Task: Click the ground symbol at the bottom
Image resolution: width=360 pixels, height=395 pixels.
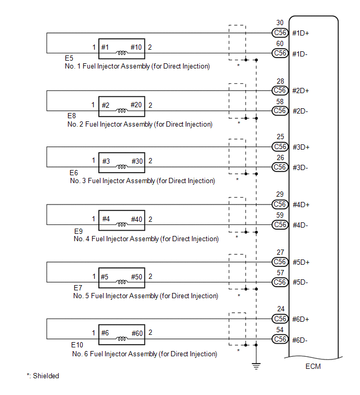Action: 256,366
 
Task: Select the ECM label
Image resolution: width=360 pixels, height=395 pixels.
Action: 313,366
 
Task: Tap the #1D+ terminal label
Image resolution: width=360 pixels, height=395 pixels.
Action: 300,33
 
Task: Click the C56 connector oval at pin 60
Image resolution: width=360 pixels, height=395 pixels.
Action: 280,53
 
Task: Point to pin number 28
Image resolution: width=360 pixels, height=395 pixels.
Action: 280,82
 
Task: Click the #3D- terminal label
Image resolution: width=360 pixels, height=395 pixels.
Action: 300,167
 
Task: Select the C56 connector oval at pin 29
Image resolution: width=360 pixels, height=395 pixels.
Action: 280,205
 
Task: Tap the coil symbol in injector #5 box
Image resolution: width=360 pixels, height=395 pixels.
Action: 122,282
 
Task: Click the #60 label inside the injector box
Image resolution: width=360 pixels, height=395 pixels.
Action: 137,334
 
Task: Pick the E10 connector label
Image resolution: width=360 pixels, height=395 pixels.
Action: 77,345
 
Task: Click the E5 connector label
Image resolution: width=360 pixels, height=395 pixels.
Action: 69,58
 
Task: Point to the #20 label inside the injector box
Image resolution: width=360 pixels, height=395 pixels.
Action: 136,105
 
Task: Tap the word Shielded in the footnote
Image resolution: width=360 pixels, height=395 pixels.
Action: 46,376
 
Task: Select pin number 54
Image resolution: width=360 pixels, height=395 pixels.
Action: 280,330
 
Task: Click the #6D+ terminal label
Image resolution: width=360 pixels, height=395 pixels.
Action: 300,320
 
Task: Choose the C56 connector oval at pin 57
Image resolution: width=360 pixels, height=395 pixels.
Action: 280,283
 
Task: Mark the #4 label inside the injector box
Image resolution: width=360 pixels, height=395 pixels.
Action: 106,219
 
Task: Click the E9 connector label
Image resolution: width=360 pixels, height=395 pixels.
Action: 78,231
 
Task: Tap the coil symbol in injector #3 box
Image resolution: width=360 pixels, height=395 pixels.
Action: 122,167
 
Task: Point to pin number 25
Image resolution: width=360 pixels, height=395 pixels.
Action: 280,137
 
